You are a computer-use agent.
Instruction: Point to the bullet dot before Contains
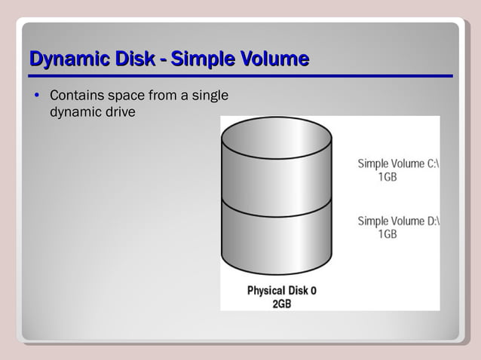point(35,96)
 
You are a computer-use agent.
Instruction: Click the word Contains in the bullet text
point(76,96)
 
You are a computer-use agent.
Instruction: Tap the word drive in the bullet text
point(121,112)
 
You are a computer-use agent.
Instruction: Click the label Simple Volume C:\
point(398,163)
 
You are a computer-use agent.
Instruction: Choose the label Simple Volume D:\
point(398,221)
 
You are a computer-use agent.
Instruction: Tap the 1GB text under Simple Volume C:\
point(388,177)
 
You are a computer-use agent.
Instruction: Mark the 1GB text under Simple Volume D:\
point(388,234)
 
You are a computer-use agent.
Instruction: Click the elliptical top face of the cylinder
point(277,137)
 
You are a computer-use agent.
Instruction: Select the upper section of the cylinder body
point(277,181)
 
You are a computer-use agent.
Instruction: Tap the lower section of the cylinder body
point(277,241)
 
